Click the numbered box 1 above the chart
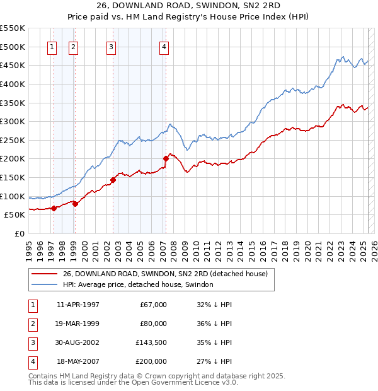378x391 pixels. (51, 46)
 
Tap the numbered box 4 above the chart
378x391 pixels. (164, 46)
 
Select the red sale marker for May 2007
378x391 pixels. (166, 158)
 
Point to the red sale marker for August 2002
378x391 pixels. (113, 180)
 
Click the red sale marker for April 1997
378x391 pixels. (54, 208)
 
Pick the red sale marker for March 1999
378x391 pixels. (75, 203)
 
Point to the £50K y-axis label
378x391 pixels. (15, 215)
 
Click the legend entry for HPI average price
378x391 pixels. (138, 284)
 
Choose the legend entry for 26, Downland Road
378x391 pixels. (165, 274)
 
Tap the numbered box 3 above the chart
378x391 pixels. (111, 46)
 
